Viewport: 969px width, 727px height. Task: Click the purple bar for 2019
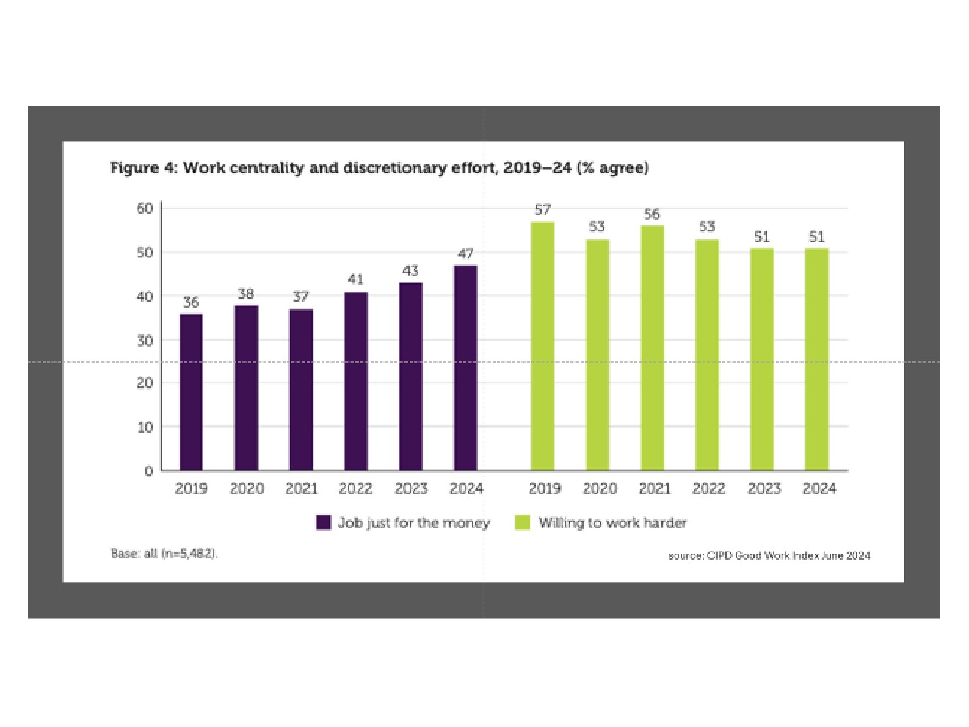point(191,392)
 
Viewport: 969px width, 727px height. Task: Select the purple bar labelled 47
point(465,368)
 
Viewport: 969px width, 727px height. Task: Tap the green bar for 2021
point(653,348)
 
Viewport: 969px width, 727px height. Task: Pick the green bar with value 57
point(542,346)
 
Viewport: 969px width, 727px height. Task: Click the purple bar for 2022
point(356,381)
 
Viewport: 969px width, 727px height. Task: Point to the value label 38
point(246,294)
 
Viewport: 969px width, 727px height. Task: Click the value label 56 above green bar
point(652,214)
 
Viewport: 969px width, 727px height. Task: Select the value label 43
point(410,271)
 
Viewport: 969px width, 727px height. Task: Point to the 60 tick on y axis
point(145,209)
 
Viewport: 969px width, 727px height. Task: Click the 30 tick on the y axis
point(145,340)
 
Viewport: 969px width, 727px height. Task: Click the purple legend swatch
point(324,522)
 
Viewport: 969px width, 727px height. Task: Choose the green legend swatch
point(523,522)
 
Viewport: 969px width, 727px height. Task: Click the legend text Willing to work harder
point(612,523)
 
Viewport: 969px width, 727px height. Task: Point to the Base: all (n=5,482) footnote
point(164,554)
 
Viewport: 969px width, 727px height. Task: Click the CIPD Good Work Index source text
point(769,555)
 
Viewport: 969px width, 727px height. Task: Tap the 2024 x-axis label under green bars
point(819,488)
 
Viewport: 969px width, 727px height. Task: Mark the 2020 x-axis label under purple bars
point(247,488)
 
